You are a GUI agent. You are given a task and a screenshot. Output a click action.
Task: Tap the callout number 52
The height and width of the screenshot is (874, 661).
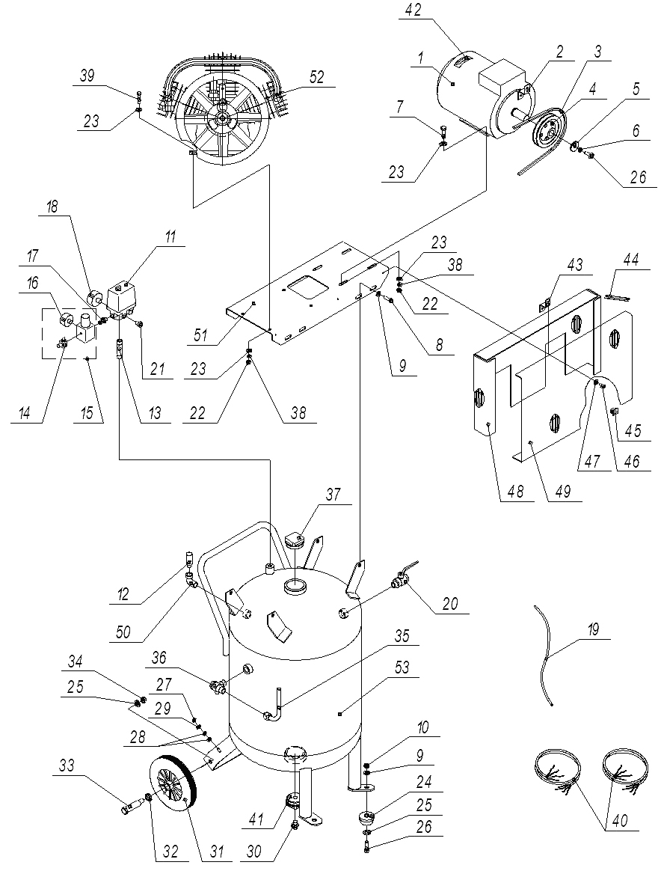pos(316,77)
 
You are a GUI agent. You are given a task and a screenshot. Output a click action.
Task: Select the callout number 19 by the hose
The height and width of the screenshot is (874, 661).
pos(592,630)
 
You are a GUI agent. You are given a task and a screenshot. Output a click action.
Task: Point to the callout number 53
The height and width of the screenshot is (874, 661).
pos(402,667)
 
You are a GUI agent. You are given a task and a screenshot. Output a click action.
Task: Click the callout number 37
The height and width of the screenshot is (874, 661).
pos(333,495)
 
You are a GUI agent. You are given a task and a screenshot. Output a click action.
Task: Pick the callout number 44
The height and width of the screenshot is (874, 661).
pos(630,260)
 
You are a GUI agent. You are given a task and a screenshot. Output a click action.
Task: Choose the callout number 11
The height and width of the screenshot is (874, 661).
pos(170,236)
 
